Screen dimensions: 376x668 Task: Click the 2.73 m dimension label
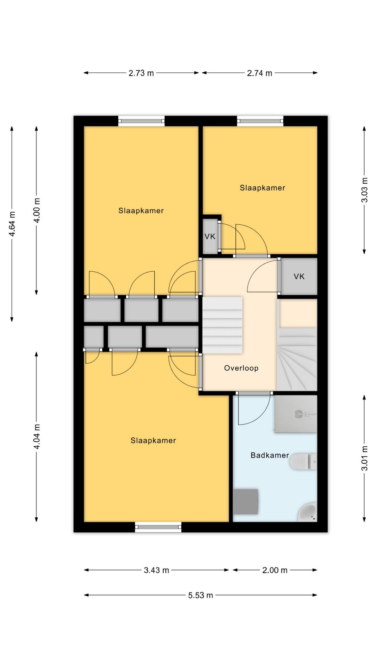click(x=141, y=73)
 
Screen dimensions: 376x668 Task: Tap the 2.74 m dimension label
click(x=259, y=73)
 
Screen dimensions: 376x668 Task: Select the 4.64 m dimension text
click(x=12, y=224)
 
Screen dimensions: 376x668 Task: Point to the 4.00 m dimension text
click(x=37, y=210)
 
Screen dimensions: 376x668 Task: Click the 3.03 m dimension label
click(x=364, y=190)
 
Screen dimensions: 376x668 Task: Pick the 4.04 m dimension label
click(x=37, y=436)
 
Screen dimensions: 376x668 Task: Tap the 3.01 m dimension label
click(x=364, y=459)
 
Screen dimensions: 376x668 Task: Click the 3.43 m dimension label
click(x=156, y=570)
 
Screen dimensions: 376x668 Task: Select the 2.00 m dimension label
click(x=275, y=570)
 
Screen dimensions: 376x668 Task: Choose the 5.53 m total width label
click(x=201, y=595)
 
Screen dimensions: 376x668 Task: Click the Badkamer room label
click(x=270, y=455)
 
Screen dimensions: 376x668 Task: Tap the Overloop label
click(x=241, y=368)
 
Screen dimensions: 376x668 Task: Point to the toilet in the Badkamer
click(x=304, y=462)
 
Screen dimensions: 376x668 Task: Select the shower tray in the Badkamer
click(x=296, y=414)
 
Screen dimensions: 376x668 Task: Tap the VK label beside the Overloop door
click(x=299, y=277)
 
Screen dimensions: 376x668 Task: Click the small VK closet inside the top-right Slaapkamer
click(x=210, y=236)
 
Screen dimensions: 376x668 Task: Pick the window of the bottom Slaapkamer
click(x=158, y=527)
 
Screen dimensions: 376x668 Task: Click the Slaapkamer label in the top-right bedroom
click(x=263, y=188)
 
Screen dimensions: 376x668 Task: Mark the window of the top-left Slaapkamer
click(x=141, y=121)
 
